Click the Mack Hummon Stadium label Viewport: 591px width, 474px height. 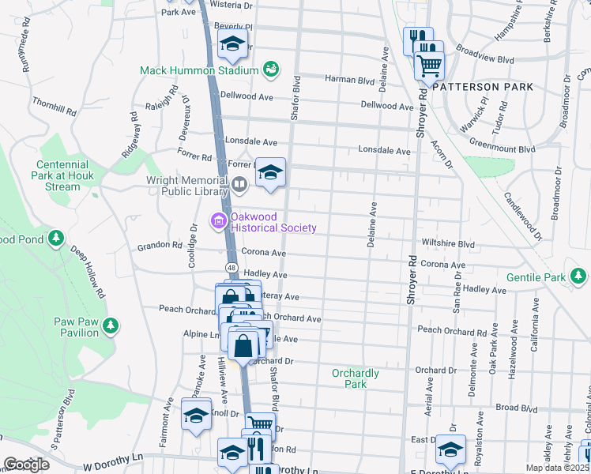click(199, 70)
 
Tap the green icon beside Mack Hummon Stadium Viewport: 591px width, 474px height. click(270, 70)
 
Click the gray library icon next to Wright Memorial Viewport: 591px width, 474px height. click(239, 184)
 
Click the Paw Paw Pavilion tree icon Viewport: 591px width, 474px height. click(111, 325)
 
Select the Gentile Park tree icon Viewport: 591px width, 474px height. click(580, 276)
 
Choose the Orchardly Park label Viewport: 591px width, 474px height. click(356, 378)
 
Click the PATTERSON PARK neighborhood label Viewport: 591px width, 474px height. click(483, 86)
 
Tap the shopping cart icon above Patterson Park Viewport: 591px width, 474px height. click(429, 66)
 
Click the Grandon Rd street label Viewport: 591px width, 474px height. click(160, 246)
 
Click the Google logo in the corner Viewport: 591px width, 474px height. click(26, 464)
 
